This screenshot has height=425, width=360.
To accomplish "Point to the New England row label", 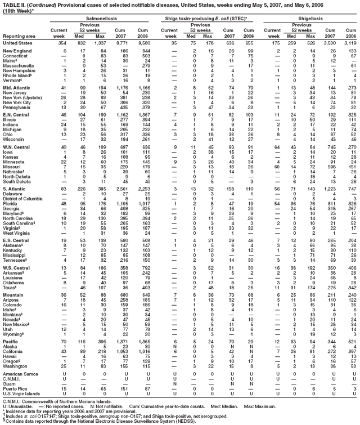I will (17, 51).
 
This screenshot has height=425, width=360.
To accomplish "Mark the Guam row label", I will (10, 383).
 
